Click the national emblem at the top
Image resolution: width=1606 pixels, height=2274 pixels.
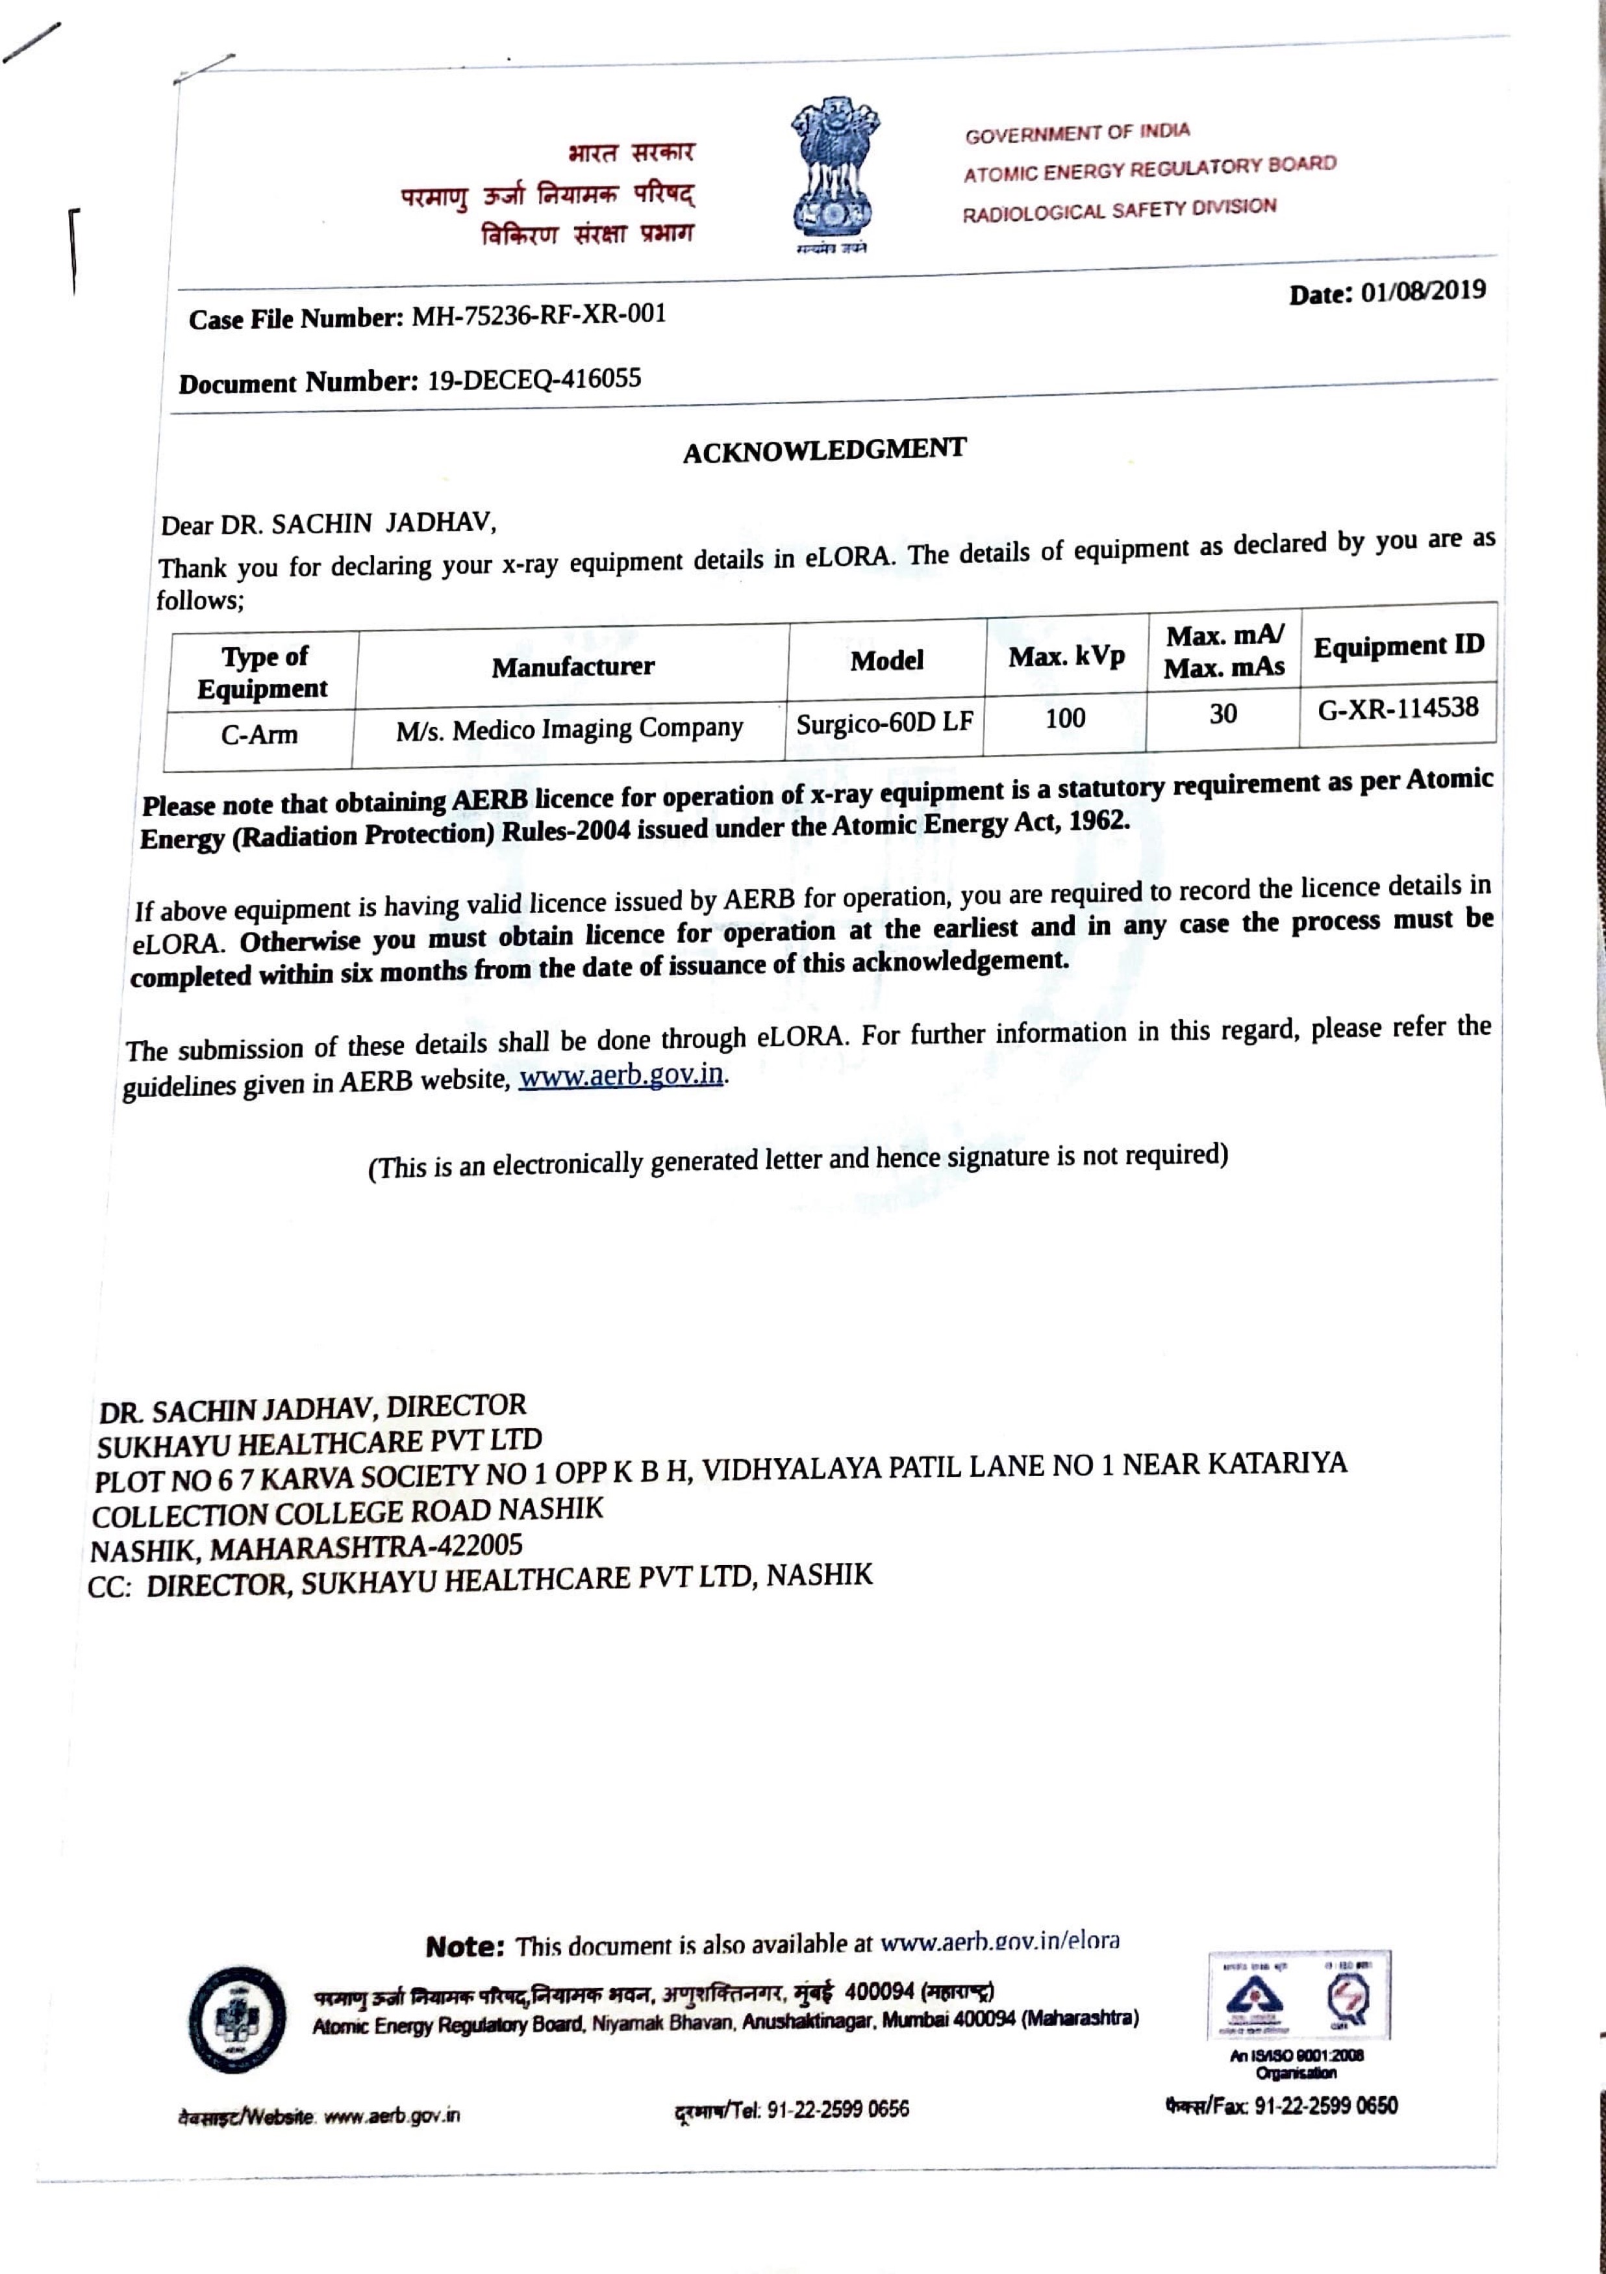pyautogui.click(x=834, y=170)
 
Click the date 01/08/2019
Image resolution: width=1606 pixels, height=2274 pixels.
pyautogui.click(x=1423, y=291)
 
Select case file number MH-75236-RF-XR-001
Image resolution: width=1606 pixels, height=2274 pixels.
pyautogui.click(x=538, y=316)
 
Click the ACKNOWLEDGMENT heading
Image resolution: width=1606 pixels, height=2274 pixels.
pyautogui.click(x=824, y=451)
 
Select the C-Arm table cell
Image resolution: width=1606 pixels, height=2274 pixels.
pyautogui.click(x=258, y=735)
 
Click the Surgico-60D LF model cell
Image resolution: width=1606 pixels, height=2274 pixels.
pyautogui.click(x=885, y=723)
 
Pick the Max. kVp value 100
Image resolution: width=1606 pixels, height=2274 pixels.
pyautogui.click(x=1066, y=718)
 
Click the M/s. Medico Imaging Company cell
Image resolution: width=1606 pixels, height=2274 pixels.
pyautogui.click(x=570, y=730)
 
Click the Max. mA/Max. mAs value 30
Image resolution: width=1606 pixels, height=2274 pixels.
pyautogui.click(x=1223, y=714)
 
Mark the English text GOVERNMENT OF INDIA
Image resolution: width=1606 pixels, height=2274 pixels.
pyautogui.click(x=1077, y=133)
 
